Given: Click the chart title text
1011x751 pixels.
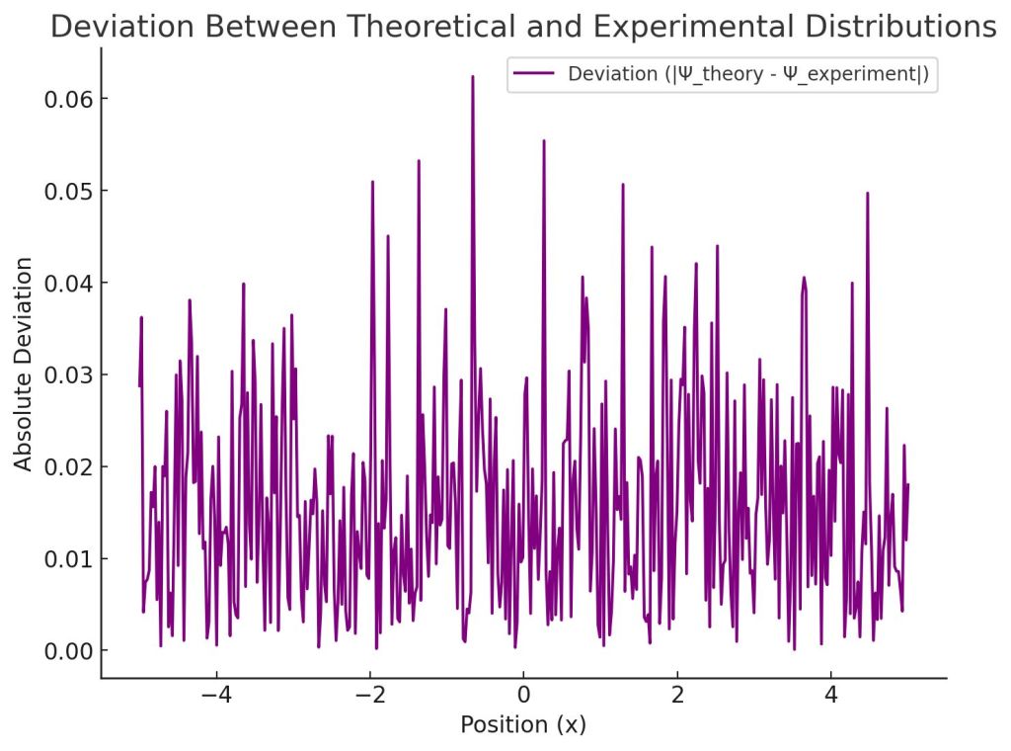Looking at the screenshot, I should (x=523, y=28).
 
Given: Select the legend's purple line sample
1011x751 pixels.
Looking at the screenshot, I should (x=533, y=75).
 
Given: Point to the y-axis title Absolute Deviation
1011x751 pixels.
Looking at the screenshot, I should (x=24, y=364).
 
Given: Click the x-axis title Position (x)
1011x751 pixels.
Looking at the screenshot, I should (x=523, y=724).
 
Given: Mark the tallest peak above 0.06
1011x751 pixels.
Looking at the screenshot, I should (x=473, y=77).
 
